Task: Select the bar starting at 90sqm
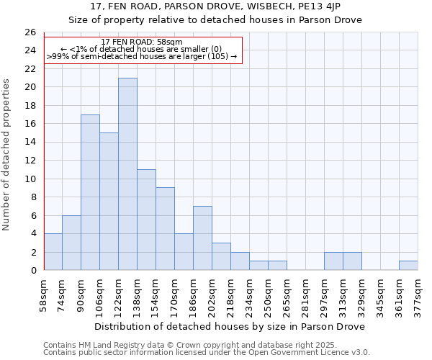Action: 90,192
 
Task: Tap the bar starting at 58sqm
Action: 53,252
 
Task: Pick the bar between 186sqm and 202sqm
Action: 202,238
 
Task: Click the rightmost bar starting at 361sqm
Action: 408,266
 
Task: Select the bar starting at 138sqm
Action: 146,220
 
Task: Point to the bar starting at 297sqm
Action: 333,261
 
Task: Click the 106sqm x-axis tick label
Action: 100,295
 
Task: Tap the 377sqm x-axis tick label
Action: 418,295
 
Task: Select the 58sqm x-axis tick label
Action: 44,295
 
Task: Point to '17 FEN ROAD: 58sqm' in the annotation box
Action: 142,42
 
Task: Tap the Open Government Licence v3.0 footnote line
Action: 206,352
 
